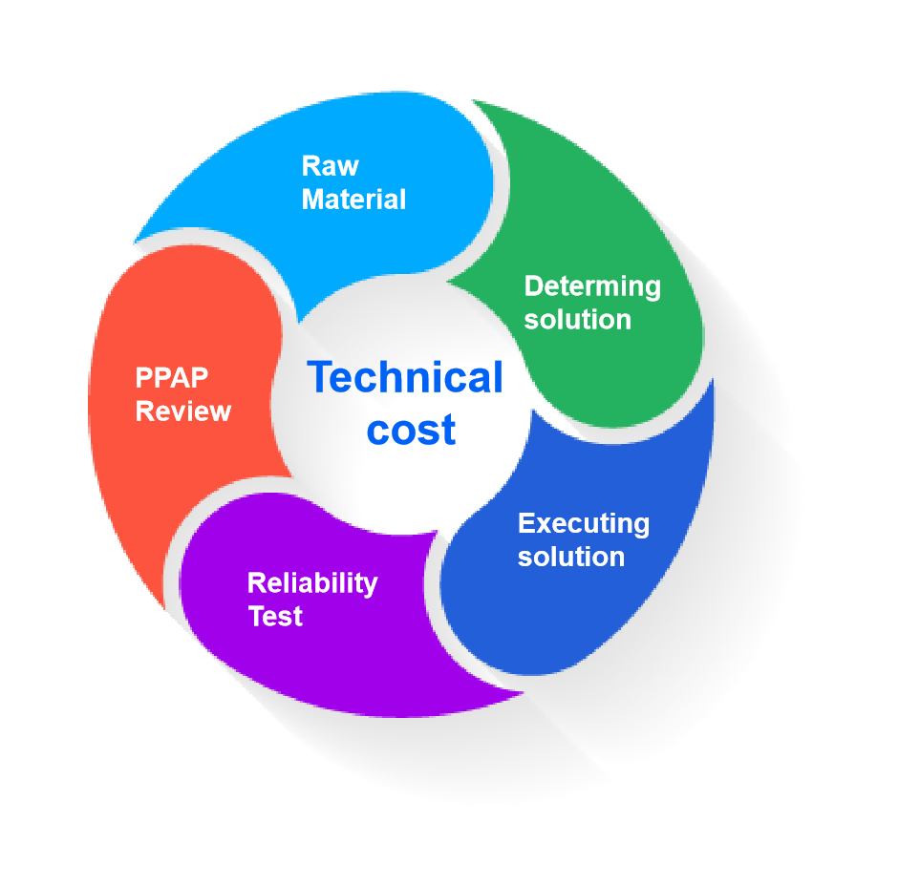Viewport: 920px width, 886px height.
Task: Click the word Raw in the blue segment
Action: (330, 166)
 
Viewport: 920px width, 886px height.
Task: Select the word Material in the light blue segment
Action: (353, 200)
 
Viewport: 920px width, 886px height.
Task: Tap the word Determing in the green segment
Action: (592, 286)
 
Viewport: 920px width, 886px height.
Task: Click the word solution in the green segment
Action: (577, 319)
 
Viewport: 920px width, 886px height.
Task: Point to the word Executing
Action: (583, 524)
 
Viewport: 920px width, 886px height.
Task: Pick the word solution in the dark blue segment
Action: (570, 557)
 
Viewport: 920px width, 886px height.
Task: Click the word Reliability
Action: (312, 583)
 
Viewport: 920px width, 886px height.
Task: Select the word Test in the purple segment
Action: (275, 617)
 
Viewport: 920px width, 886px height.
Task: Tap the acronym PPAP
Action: (172, 378)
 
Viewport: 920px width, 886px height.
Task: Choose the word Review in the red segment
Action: (183, 411)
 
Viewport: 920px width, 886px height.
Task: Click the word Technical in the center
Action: (405, 378)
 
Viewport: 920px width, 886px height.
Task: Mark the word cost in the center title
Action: (412, 430)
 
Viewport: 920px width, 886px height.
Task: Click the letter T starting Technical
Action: (320, 378)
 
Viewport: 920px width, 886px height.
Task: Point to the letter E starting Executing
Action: (525, 524)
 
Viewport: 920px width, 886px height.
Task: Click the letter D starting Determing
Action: (533, 286)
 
